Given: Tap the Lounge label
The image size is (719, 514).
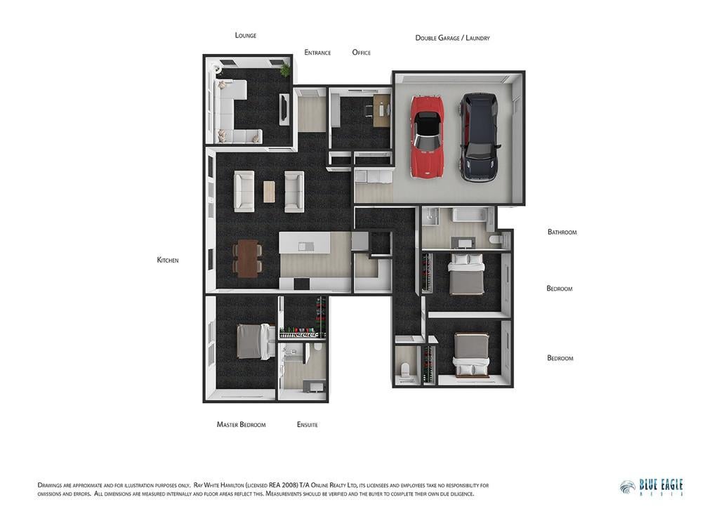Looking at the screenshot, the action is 245,35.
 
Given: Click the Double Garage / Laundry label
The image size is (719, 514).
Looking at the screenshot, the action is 453,38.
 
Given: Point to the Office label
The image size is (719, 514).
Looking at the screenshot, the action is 362,52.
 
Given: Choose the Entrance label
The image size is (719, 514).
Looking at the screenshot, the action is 317,52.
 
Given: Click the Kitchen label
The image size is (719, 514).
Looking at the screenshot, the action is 168,260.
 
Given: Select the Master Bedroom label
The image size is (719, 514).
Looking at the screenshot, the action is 242,425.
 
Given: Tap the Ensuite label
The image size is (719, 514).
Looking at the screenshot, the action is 308,425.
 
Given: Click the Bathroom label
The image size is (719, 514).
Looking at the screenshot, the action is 562,232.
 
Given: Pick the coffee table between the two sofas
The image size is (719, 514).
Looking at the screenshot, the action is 269,192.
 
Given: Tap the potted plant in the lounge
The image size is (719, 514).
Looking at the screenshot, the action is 285,70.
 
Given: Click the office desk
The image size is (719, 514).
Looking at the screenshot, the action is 381,110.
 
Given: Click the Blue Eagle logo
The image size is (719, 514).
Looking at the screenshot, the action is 651,488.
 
